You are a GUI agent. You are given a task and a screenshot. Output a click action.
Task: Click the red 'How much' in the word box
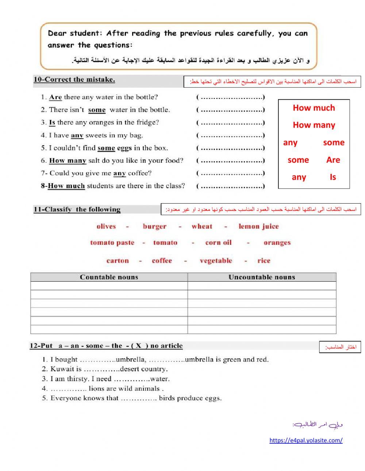[314, 108]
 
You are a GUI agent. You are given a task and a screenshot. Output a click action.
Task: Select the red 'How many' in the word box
[314, 125]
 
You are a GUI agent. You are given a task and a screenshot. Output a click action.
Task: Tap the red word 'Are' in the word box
[333, 160]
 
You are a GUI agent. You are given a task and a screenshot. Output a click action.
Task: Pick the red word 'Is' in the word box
[333, 177]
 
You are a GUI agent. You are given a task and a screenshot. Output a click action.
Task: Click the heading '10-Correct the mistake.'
[74, 80]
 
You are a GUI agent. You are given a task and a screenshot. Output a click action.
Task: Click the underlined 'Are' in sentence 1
[55, 97]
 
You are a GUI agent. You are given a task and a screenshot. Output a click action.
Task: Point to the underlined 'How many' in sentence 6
[68, 161]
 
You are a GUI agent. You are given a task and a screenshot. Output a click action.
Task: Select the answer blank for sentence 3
[231, 123]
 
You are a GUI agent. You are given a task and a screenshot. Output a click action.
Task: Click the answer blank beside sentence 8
[231, 186]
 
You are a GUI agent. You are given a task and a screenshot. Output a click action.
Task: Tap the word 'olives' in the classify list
[106, 227]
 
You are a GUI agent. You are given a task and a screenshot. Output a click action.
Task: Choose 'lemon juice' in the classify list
[258, 227]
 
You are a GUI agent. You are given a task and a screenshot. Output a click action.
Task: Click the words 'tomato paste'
[112, 243]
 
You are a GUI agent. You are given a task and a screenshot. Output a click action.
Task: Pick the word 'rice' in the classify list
[264, 261]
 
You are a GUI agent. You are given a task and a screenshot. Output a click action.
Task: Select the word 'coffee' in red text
[162, 261]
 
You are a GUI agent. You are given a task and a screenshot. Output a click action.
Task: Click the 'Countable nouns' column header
[109, 277]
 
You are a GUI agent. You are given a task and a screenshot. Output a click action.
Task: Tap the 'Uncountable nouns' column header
[262, 277]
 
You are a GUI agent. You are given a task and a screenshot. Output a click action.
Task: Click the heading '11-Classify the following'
[77, 209]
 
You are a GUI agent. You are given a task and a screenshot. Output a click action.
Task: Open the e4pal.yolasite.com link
[306, 440]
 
